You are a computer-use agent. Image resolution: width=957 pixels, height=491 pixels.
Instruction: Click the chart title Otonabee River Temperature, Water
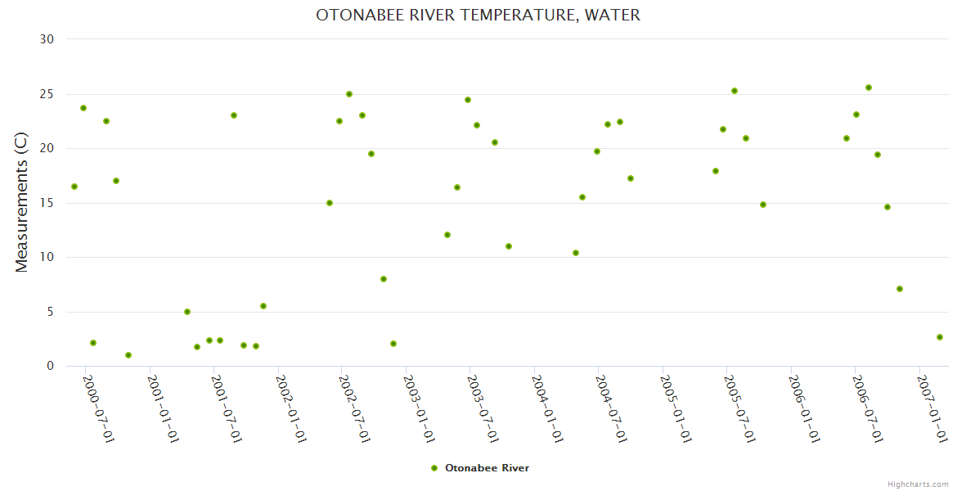pyautogui.click(x=478, y=16)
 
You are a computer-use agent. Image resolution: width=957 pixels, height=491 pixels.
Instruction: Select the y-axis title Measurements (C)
pyautogui.click(x=22, y=202)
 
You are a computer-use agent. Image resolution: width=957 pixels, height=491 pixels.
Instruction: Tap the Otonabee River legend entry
pyautogui.click(x=487, y=468)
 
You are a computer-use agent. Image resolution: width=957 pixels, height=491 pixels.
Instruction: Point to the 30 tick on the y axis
pyautogui.click(x=47, y=39)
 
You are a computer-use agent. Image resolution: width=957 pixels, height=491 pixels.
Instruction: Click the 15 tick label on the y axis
pyautogui.click(x=47, y=203)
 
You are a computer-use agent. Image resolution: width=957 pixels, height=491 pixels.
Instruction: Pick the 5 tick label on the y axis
pyautogui.click(x=50, y=312)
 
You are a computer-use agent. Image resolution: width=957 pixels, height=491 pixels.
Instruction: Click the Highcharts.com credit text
pyautogui.click(x=918, y=484)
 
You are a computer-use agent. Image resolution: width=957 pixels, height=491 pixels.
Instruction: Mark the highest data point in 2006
pyautogui.click(x=869, y=88)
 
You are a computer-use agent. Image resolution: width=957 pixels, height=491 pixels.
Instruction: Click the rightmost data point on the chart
pyautogui.click(x=940, y=337)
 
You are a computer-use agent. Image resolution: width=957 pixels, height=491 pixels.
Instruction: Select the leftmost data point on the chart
pyautogui.click(x=74, y=187)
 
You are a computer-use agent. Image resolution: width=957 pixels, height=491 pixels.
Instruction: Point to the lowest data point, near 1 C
pyautogui.click(x=128, y=355)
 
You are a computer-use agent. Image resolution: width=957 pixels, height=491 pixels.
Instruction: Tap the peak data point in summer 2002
pyautogui.click(x=349, y=94)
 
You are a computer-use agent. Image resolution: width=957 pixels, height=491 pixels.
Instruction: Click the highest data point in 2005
pyautogui.click(x=735, y=91)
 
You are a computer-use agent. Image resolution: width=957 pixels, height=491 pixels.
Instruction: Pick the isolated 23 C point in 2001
pyautogui.click(x=234, y=115)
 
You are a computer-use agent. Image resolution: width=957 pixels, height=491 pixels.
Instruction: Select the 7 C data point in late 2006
pyautogui.click(x=900, y=289)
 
